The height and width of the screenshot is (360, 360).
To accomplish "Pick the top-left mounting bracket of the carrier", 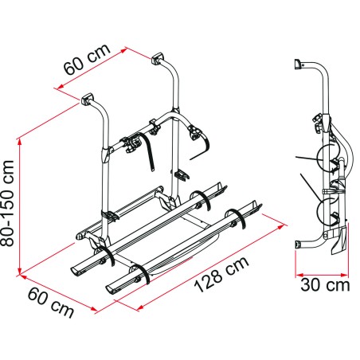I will [x=86, y=101].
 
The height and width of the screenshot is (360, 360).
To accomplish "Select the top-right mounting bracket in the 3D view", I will [x=156, y=59].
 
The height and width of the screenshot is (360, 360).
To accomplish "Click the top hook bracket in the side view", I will [x=299, y=64].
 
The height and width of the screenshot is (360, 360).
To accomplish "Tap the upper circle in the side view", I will [x=328, y=162].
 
